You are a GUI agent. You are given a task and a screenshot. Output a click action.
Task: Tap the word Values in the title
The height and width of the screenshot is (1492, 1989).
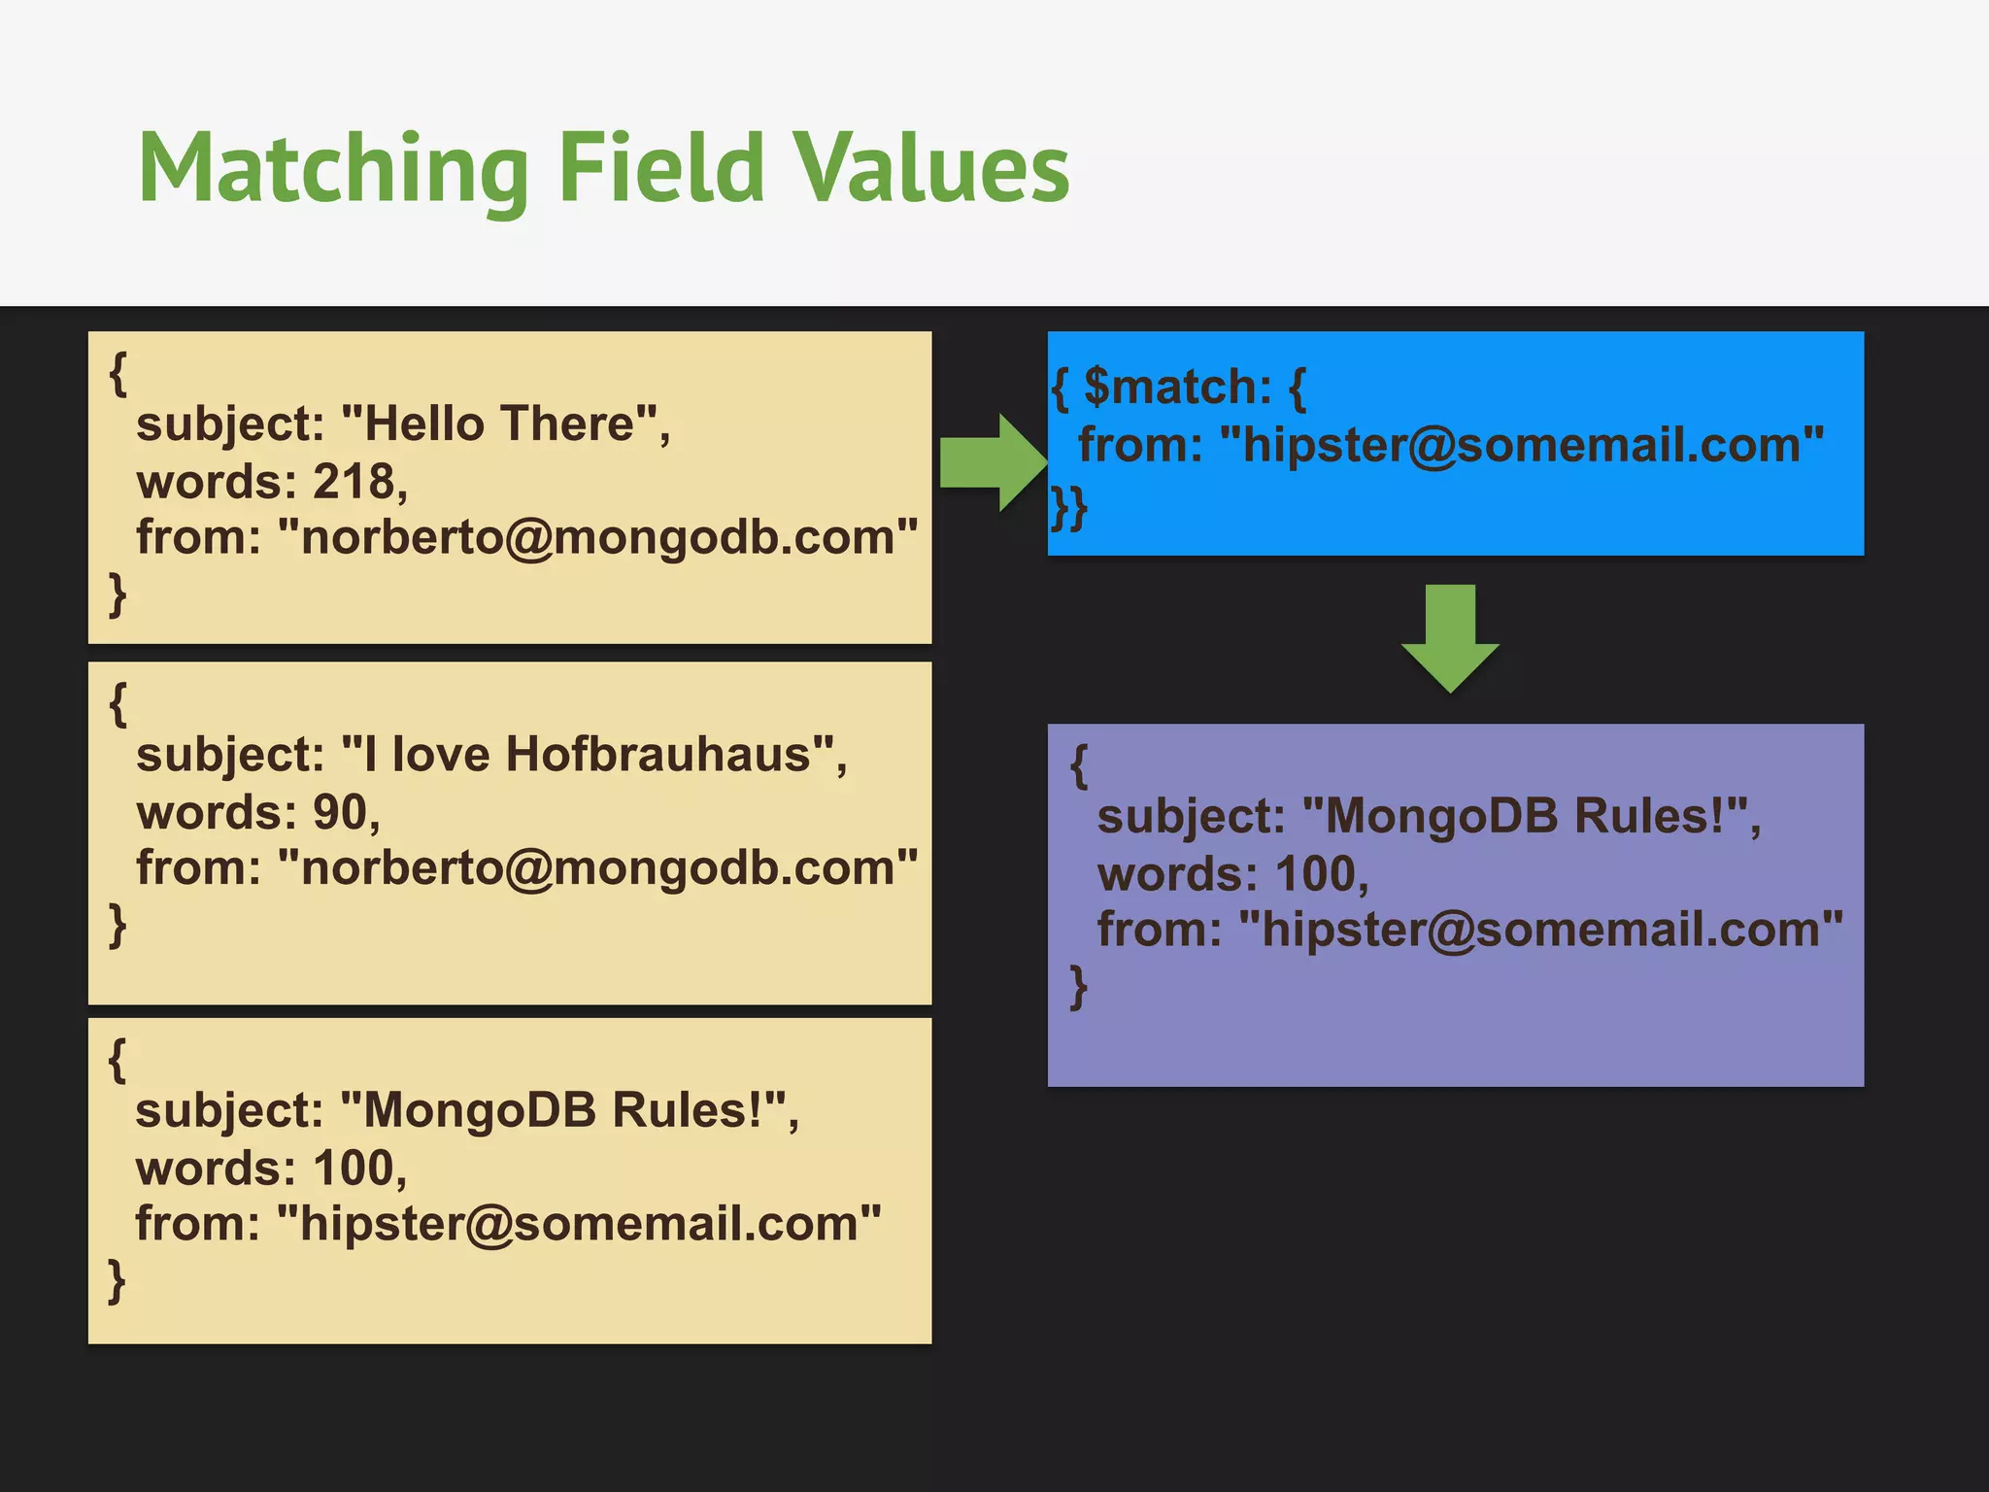(931, 170)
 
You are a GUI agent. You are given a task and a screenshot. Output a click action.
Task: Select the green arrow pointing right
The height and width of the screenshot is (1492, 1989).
(991, 462)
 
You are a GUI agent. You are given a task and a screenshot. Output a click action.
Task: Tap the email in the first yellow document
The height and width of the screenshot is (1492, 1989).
(597, 537)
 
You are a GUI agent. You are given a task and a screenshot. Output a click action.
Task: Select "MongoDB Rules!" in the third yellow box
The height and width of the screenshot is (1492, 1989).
(563, 1110)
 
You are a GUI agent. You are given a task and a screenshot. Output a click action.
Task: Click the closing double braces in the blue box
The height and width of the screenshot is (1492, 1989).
(1067, 508)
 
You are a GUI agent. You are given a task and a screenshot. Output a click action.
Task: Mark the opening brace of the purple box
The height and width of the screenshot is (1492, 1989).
(1078, 765)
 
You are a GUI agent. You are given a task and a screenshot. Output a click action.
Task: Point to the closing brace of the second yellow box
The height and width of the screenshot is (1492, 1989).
(118, 924)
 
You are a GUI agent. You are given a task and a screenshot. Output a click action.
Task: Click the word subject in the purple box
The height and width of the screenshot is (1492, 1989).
(1191, 817)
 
